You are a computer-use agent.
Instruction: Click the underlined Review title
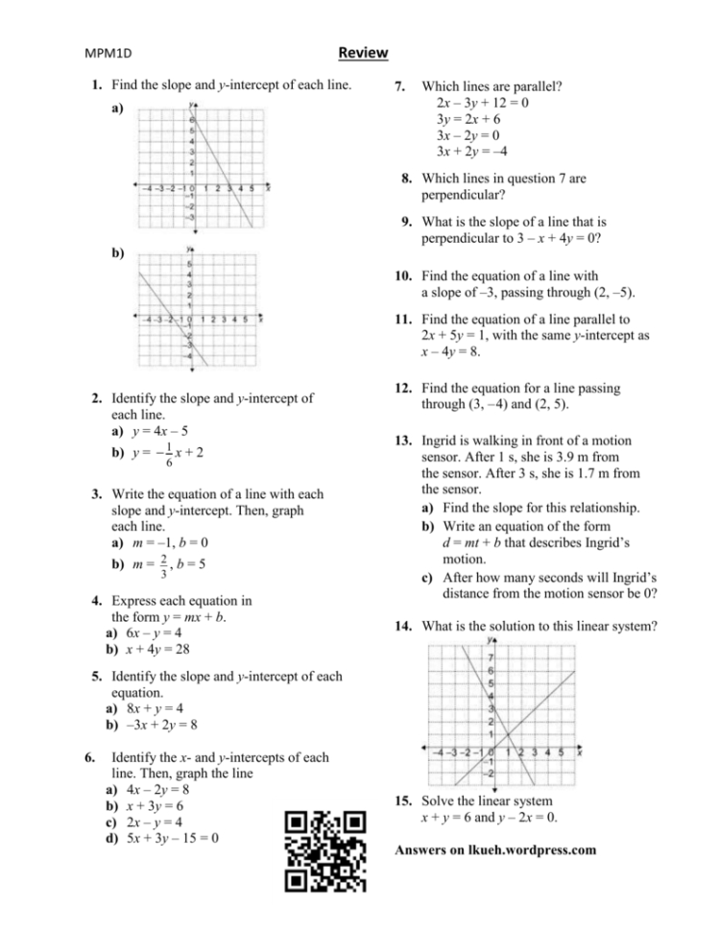pos(363,53)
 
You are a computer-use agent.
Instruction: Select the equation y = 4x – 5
pos(150,431)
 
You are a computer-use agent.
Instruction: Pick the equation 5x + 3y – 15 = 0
pos(173,836)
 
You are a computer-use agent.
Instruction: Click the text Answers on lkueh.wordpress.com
pos(495,849)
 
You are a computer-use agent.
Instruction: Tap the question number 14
pos(404,627)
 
